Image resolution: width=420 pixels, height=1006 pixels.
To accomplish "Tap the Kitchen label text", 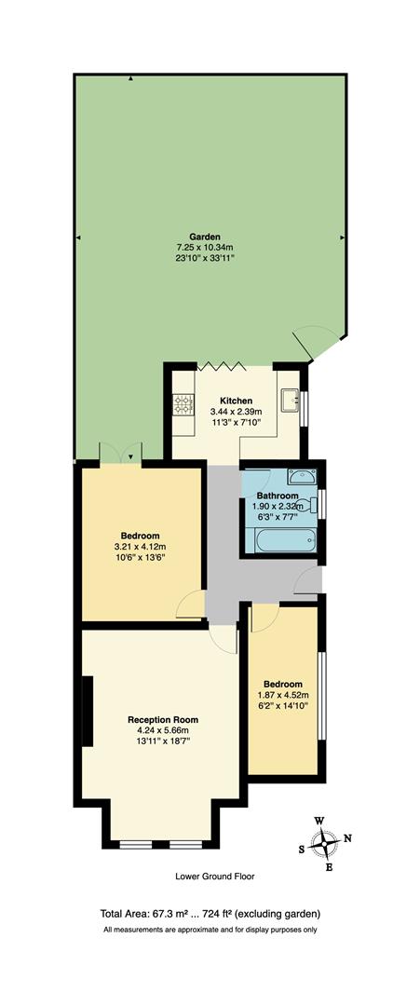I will [x=236, y=400].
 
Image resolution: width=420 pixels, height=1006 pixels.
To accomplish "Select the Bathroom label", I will [x=278, y=496].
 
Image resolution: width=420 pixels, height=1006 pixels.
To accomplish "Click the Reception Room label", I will [x=163, y=720].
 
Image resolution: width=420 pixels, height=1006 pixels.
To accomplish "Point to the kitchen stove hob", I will [x=182, y=403].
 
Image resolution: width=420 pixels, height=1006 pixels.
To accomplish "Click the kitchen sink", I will [x=291, y=401].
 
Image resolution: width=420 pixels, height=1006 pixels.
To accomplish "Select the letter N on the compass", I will [x=347, y=838].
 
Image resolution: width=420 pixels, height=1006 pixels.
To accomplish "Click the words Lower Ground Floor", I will [x=214, y=877].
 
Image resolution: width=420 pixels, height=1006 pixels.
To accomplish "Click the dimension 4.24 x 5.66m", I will [x=163, y=731].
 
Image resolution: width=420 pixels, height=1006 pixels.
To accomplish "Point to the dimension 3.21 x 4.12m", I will [x=138, y=546].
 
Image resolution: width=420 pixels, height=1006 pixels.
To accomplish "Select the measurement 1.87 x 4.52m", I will [x=282, y=695].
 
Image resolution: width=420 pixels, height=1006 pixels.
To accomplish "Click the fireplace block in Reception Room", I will [x=86, y=711].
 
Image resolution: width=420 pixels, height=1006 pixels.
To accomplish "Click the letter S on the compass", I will [x=302, y=849].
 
